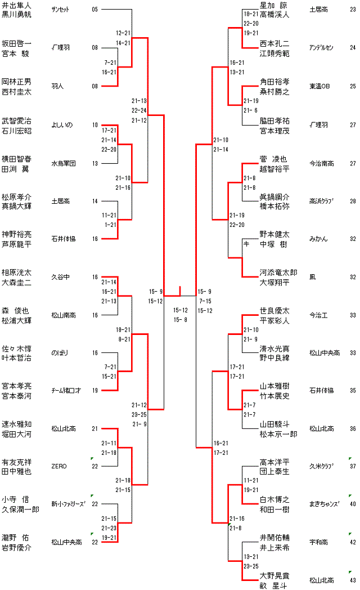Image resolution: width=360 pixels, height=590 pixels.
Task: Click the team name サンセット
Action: pos(61,10)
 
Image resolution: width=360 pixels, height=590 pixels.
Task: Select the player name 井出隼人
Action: pos(17,5)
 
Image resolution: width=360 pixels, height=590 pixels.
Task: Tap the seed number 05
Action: pos(94,10)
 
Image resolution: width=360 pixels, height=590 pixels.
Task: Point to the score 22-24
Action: pos(139,110)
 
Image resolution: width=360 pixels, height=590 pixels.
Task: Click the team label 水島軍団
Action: pos(63,163)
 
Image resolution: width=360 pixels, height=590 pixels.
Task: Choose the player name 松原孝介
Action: pos(17,197)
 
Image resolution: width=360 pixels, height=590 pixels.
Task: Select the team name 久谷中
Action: pos(60,277)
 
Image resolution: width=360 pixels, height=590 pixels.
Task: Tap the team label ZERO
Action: pos(59,466)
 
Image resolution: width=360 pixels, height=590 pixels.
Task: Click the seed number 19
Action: pos(94,390)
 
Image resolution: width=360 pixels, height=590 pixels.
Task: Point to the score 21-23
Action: pos(109,528)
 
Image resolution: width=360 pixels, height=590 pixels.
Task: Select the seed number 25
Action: pos(353,86)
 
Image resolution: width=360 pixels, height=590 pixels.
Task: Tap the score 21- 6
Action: pos(250,110)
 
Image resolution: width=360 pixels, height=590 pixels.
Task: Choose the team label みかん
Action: pos(317,239)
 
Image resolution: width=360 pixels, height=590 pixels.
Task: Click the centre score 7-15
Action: pos(205,301)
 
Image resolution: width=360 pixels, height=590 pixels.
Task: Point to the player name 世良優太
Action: pos(274,310)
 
